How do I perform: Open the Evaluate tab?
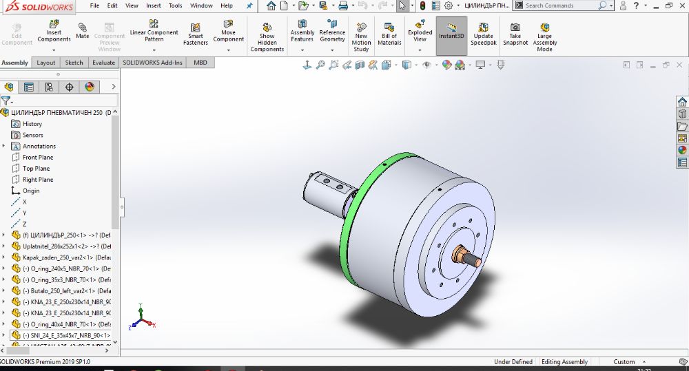click(x=104, y=63)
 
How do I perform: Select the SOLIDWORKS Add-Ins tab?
click(x=153, y=63)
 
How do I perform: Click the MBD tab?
click(x=200, y=63)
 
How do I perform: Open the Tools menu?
click(x=176, y=6)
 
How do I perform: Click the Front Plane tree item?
click(x=38, y=158)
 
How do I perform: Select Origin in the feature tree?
click(x=31, y=191)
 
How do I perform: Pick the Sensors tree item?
click(x=32, y=135)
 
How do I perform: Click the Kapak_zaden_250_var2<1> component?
click(x=62, y=257)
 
